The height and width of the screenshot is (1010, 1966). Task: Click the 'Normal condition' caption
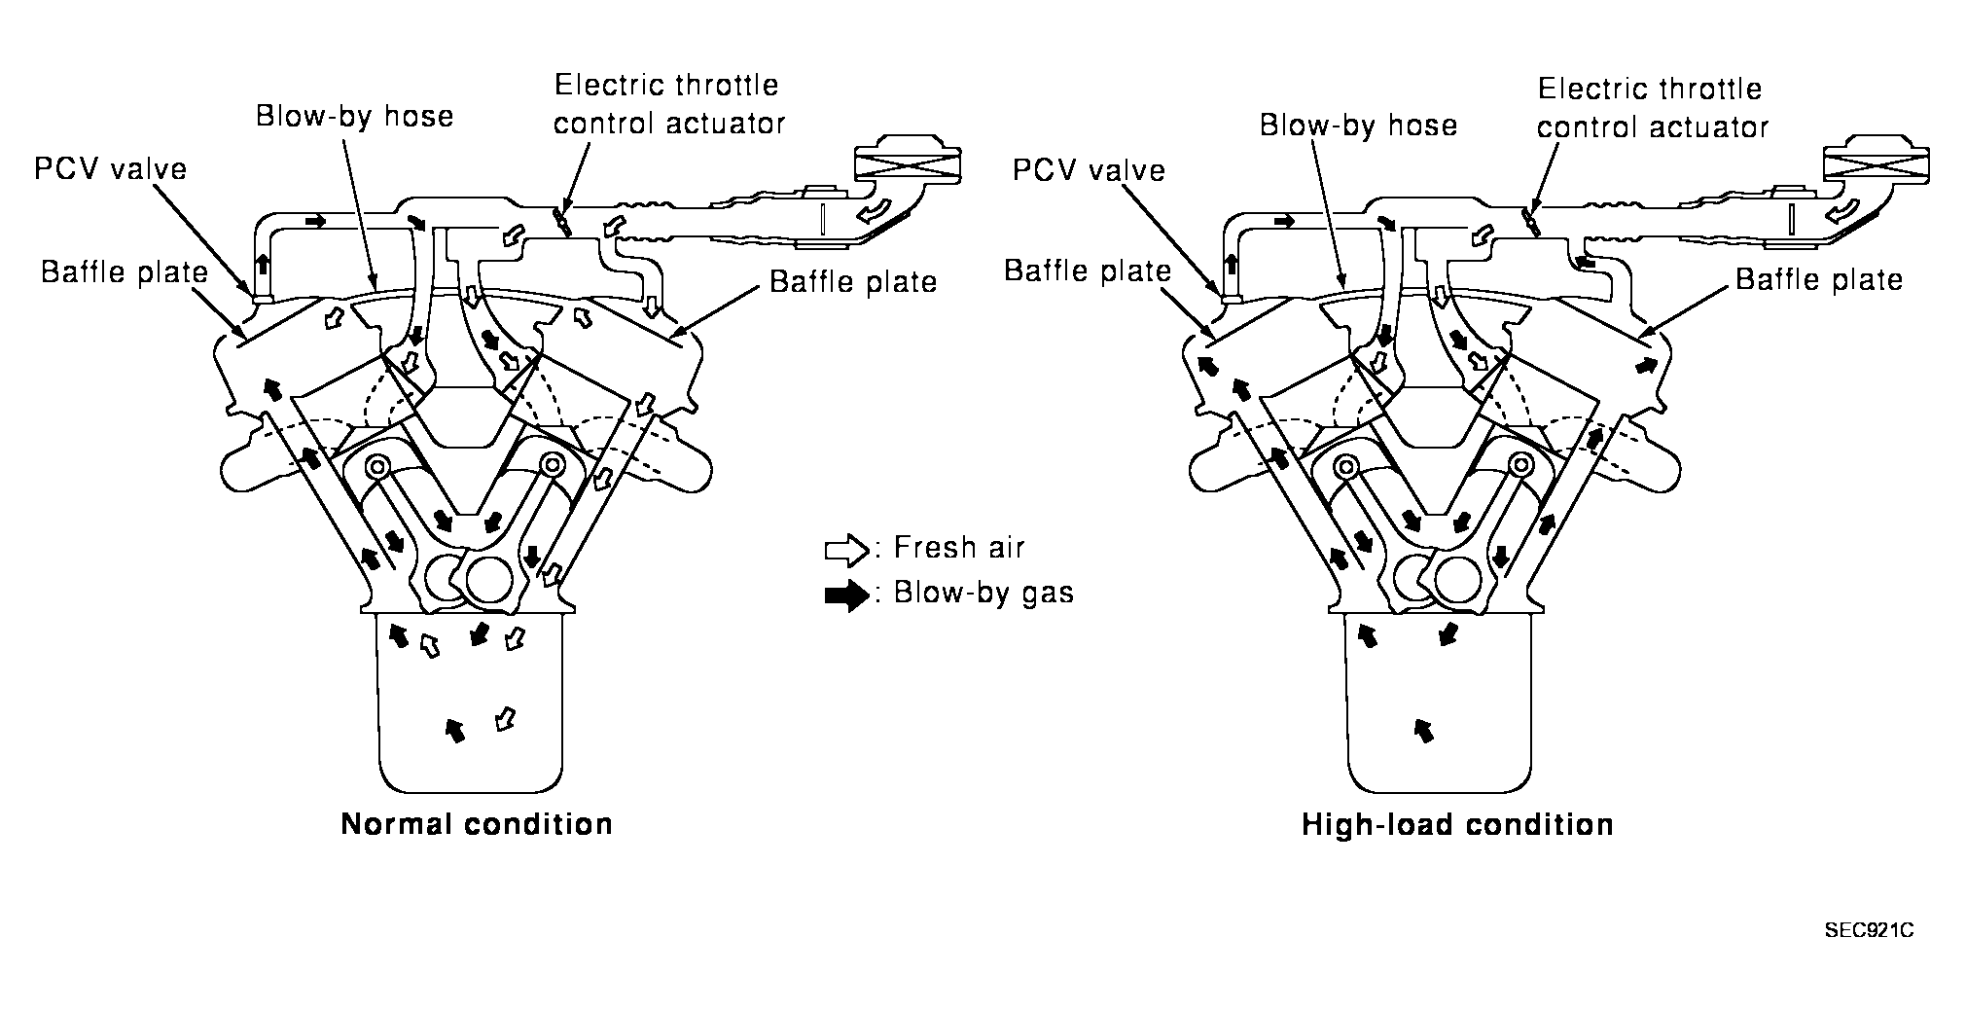(x=477, y=824)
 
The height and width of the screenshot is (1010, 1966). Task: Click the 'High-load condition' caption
(x=1457, y=825)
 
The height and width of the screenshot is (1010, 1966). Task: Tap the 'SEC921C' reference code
(x=1869, y=931)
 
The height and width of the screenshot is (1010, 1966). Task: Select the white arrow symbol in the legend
(x=845, y=551)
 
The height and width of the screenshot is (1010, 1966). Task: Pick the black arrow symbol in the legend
(x=845, y=595)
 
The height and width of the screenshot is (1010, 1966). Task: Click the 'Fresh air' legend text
(x=959, y=548)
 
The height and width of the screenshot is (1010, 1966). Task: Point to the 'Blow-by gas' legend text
(x=983, y=593)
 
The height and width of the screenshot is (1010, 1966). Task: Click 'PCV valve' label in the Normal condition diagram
(x=110, y=169)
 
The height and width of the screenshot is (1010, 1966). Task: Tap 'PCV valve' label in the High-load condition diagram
(x=1089, y=171)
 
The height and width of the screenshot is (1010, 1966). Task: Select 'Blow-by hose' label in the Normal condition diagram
(x=355, y=117)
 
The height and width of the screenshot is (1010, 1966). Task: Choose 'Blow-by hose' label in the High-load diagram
(x=1358, y=126)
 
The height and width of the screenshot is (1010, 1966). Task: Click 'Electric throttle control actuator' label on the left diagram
(x=668, y=104)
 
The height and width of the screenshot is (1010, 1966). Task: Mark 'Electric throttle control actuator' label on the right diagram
(x=1652, y=108)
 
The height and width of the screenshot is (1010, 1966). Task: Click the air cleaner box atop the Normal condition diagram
(x=906, y=164)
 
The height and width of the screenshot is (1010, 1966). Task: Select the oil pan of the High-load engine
(x=1439, y=710)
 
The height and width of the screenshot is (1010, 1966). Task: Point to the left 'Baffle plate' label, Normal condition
(x=125, y=272)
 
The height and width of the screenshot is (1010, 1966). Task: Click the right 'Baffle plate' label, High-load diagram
(x=1819, y=280)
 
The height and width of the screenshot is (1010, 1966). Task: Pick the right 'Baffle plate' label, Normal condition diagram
(x=853, y=282)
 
